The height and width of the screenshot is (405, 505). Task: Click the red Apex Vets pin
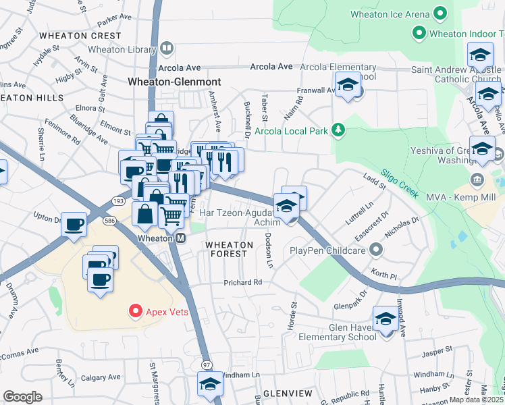point(135,311)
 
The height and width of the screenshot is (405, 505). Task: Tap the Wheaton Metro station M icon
point(181,238)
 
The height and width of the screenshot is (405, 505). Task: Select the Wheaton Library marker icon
point(167,49)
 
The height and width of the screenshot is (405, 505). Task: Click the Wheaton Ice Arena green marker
point(440,13)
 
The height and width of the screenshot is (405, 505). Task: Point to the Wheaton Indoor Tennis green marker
point(419,32)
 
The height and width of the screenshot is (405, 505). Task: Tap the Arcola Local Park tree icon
point(342,130)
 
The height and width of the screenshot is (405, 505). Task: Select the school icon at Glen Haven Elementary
point(386,319)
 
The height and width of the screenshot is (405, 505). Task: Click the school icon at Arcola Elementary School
point(347,85)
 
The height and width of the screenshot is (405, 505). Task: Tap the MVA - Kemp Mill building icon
point(477,180)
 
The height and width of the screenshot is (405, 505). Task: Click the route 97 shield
point(205,365)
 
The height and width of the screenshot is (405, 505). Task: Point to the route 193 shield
point(118,201)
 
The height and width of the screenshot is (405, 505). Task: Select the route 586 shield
point(108,221)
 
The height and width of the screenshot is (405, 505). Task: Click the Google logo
point(22,397)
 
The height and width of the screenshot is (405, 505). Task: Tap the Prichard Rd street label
point(243,282)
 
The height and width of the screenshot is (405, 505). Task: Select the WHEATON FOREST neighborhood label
point(229,250)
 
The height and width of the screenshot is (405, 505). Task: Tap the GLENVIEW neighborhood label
point(288,393)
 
